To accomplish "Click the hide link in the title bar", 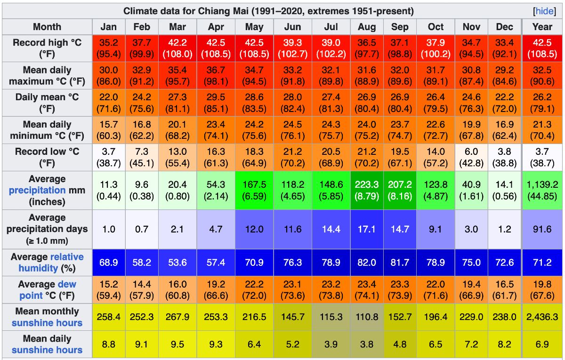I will tap(544, 11).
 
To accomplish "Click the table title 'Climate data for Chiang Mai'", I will tap(268, 11).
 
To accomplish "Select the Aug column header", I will tap(367, 27).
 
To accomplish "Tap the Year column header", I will tap(542, 27).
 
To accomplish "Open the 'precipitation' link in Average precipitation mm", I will tap(37, 191).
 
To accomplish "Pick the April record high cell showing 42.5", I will tap(216, 48).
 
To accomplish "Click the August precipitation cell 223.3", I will tap(367, 190).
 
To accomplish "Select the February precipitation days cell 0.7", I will tap(142, 229).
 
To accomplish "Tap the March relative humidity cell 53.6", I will tap(178, 263).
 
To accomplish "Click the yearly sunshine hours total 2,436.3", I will tap(542, 317).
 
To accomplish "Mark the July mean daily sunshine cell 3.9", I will tap(331, 344).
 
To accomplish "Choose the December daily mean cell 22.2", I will tap(504, 103).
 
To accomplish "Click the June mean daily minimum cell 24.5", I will tap(292, 130).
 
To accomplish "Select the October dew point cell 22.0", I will tap(436, 290).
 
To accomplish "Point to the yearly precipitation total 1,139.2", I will tap(542, 190).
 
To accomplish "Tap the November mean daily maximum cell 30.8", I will tap(471, 76).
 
